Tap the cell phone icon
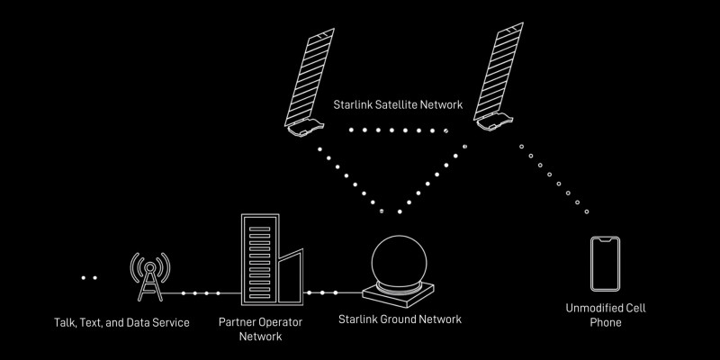605,264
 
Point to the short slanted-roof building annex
290,277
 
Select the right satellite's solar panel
508,72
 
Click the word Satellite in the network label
401,105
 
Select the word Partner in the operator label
238,321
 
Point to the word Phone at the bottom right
606,322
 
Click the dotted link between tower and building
200,293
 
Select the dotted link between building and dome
322,293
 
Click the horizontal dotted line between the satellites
396,130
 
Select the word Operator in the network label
283,321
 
